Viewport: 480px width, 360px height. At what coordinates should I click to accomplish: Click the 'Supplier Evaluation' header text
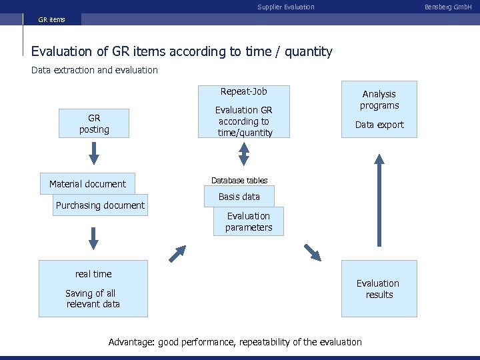coord(286,7)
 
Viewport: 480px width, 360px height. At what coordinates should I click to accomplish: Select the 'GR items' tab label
coord(51,19)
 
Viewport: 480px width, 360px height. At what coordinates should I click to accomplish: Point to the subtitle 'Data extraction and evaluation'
coord(95,70)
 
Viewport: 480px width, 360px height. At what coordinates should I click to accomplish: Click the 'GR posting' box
coord(94,123)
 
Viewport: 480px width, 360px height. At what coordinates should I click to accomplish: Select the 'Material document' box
coord(87,184)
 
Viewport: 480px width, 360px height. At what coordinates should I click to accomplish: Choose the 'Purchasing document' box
coord(100,205)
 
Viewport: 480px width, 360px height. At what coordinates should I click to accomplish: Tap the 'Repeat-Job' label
coord(244,91)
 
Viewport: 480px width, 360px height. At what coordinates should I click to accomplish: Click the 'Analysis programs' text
coord(379,99)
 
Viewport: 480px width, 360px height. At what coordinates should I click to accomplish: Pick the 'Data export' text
coord(379,125)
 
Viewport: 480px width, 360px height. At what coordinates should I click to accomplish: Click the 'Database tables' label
coord(239,181)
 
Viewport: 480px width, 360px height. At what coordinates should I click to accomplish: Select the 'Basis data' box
coord(239,197)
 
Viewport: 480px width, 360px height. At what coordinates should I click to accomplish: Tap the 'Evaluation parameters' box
coord(249,221)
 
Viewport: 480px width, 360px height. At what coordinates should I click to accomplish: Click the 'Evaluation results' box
coord(378,289)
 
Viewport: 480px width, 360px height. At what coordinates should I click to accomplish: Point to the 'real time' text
coord(93,274)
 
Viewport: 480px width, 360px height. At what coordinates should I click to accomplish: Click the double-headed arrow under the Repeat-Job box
coord(244,155)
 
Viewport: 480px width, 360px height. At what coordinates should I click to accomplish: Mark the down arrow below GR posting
coord(94,153)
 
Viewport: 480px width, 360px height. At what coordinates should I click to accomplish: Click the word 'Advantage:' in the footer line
coord(131,342)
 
